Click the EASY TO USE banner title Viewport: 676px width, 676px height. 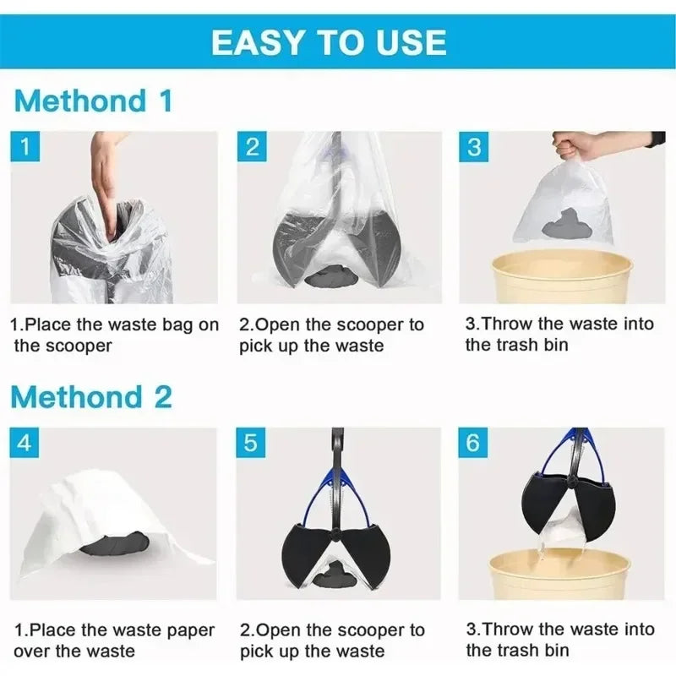coord(329,41)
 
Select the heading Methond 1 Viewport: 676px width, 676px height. coord(93,101)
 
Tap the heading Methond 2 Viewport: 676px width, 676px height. coord(93,396)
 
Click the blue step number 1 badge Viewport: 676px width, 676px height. coord(26,147)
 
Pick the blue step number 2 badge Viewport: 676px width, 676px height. coord(252,147)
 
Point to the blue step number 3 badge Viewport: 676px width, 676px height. coord(474,147)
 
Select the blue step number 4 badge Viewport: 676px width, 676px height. coord(26,443)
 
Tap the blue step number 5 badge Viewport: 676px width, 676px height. coord(252,443)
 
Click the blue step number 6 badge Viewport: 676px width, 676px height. coord(474,443)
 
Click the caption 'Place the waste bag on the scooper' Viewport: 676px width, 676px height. coord(114,335)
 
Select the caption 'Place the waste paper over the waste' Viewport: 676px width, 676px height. coord(114,640)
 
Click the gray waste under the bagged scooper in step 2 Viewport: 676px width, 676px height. coord(330,275)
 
